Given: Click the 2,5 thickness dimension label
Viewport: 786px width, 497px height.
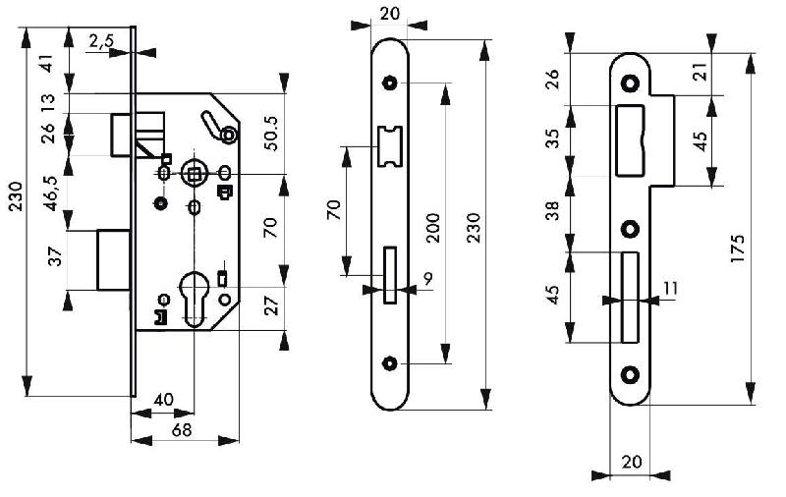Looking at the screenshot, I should click(x=102, y=40).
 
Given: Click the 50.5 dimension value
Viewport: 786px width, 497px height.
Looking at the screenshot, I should click(x=272, y=134).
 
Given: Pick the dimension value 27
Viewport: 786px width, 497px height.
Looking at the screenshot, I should click(x=272, y=305).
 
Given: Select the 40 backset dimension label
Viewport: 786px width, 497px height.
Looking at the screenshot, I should click(x=163, y=400).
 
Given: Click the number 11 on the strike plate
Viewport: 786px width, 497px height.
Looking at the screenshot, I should click(x=670, y=289).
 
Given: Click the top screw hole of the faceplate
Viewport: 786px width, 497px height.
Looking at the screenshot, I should click(x=391, y=83).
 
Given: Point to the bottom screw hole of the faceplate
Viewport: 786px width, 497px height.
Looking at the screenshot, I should click(x=391, y=363).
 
